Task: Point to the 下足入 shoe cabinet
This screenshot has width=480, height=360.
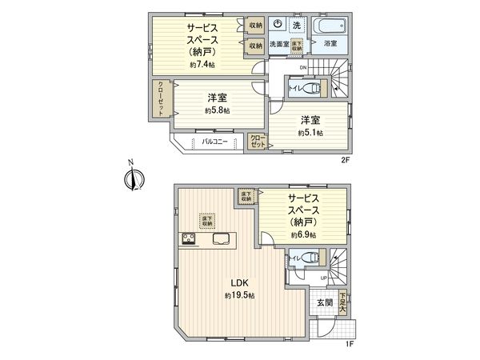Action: [342, 303]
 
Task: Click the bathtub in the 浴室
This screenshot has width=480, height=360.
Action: [329, 25]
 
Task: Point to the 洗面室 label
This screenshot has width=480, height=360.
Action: [278, 44]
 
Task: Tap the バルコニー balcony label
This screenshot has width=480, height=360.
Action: [214, 142]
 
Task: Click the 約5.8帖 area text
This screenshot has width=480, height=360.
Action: [216, 110]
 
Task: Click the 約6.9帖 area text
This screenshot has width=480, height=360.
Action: [303, 235]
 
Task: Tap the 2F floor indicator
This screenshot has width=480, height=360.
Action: [346, 159]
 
